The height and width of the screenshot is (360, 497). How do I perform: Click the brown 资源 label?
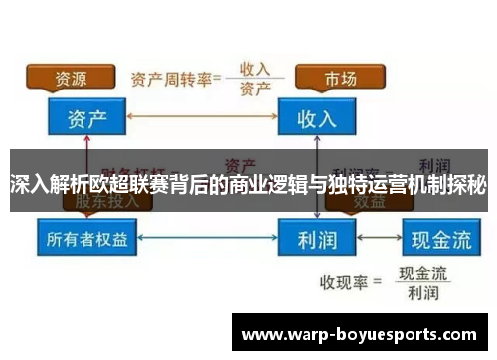[x=69, y=77]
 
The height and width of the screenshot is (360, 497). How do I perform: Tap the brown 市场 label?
[x=339, y=77]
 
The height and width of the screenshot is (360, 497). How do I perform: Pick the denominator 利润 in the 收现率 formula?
[x=421, y=293]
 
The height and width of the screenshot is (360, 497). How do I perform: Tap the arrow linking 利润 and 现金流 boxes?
[x=383, y=238]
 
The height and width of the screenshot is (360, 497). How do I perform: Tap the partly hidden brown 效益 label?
[x=339, y=200]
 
